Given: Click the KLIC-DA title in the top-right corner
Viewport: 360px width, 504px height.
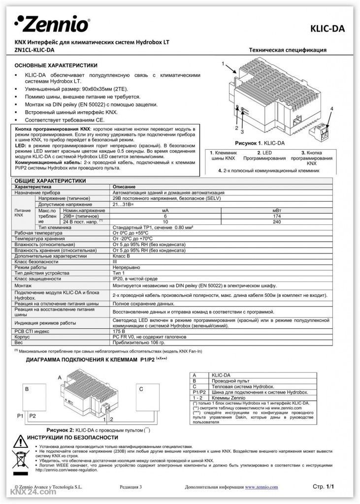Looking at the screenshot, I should (327, 29).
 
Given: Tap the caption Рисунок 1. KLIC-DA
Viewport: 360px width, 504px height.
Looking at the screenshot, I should (260, 143).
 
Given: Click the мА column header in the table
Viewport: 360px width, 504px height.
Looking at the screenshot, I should (165, 210).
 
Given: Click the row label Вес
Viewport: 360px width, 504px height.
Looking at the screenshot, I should (19, 342).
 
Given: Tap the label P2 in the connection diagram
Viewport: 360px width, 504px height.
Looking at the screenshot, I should (33, 416).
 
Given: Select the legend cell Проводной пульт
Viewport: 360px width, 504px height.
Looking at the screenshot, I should (226, 381).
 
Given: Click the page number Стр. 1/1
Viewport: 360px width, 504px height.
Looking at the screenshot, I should (324, 486).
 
